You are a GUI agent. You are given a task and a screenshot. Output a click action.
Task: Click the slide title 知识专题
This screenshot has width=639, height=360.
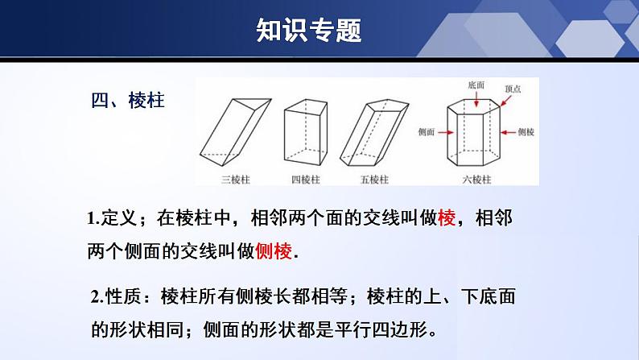click(309, 30)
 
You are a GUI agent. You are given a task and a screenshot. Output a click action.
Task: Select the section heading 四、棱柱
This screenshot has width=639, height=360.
click(128, 101)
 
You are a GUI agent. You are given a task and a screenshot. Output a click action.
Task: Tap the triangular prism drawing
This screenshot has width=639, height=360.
click(236, 132)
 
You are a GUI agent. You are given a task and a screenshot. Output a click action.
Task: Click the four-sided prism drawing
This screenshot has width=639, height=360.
click(306, 132)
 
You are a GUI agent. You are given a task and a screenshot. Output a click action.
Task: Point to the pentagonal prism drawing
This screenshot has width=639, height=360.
click(374, 132)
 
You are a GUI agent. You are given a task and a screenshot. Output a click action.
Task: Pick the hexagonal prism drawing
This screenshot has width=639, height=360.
click(473, 132)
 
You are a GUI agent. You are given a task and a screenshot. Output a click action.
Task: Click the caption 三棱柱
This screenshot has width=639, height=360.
click(236, 180)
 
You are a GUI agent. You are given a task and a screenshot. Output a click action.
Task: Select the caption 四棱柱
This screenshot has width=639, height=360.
click(306, 180)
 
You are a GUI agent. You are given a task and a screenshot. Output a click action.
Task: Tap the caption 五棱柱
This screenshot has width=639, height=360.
click(374, 180)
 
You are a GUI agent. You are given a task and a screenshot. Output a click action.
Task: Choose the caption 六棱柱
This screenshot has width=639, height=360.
click(476, 180)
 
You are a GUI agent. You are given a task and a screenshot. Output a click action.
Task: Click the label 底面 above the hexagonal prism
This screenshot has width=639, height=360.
click(476, 85)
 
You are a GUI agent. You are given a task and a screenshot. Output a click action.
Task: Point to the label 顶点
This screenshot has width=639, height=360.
click(513, 89)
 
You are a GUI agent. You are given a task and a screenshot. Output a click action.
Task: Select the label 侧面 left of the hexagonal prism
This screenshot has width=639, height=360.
click(427, 132)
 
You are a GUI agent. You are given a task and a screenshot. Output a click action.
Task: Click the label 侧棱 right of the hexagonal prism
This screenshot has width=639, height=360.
click(526, 132)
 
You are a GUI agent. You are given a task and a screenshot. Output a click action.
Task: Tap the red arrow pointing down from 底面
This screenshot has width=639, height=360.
click(476, 99)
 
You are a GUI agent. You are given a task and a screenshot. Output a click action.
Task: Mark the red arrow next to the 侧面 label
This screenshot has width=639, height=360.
click(446, 132)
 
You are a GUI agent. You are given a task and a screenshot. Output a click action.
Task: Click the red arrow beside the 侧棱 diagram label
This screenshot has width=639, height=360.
click(508, 132)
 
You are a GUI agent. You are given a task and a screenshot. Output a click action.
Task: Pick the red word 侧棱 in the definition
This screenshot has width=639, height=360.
click(274, 250)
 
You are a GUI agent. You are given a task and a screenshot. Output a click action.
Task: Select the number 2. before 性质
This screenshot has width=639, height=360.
click(97, 297)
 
